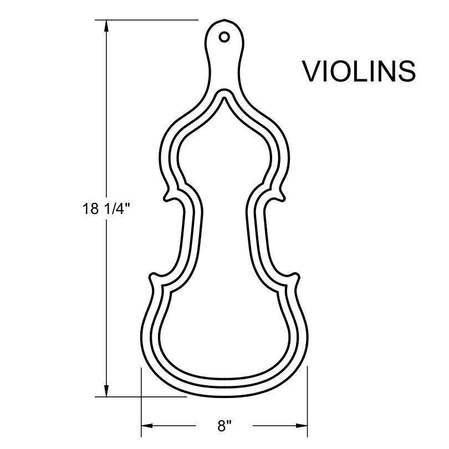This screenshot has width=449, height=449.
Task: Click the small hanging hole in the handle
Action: point(224,37)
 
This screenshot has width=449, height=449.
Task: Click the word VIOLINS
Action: point(359,71)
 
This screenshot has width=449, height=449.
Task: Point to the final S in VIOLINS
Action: point(406,71)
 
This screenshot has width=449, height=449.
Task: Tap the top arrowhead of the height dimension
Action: point(105,25)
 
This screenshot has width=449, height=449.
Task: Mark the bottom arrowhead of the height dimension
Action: point(105,391)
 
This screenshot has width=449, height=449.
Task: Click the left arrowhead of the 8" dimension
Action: point(147,426)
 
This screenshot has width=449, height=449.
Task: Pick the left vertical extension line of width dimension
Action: point(142,399)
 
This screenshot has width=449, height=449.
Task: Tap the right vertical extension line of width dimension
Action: point(306,399)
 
